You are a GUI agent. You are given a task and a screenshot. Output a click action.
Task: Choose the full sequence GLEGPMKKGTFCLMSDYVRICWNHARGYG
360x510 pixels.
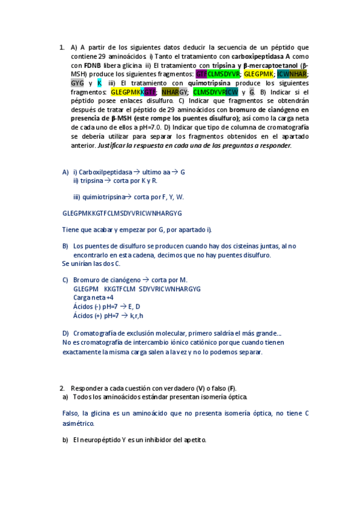point(122,214)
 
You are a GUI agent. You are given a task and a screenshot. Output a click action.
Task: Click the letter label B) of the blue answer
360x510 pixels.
point(65,246)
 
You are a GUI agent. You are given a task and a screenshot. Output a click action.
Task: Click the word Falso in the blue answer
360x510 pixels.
point(72,413)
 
